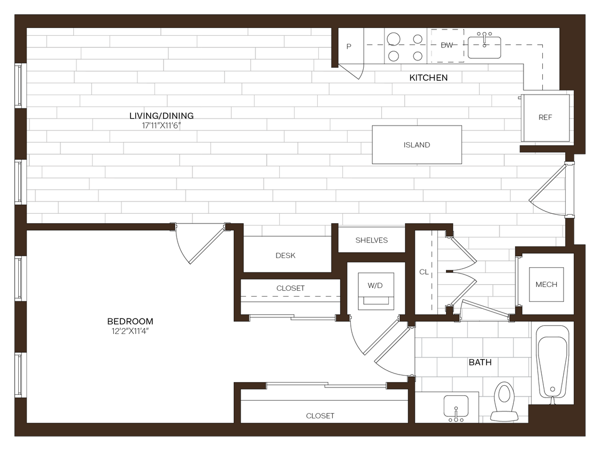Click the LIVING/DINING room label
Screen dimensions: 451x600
161,115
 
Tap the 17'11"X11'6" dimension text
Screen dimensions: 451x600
161,126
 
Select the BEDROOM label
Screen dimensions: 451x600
130,321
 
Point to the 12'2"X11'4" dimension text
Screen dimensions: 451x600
130,331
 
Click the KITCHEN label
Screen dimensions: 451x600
428,78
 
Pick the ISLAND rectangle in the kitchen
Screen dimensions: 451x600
417,145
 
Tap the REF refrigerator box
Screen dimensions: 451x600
545,118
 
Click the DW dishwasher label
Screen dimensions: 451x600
447,45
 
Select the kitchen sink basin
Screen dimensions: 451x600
484,47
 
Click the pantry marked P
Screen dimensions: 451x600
349,46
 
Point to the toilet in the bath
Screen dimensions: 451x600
504,401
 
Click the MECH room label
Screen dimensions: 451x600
546,284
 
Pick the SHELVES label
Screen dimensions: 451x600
372,240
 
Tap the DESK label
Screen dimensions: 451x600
286,255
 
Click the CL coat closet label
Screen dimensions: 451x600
424,272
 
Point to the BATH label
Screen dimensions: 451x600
480,362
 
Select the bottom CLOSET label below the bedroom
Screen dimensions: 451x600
320,415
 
